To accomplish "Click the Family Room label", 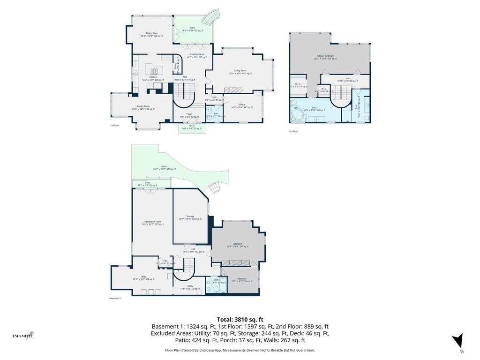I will click(x=143, y=107).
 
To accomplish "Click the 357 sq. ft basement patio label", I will click(x=165, y=168).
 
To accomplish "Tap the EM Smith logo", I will click(x=23, y=336).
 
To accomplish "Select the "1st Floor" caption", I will click(x=115, y=126).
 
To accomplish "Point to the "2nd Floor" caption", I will click(x=293, y=131).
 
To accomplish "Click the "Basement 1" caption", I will click(x=115, y=299).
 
